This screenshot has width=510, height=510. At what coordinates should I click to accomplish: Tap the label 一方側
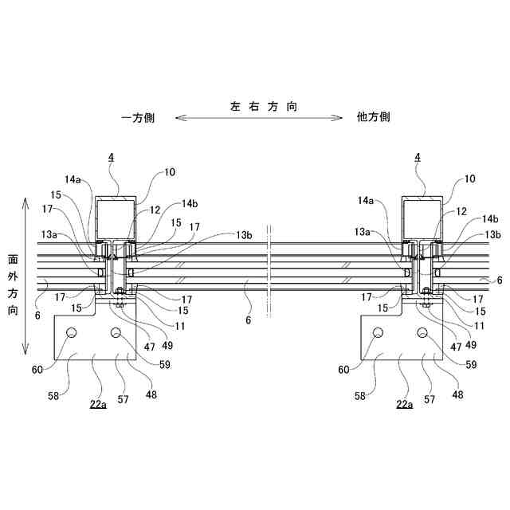click(138, 118)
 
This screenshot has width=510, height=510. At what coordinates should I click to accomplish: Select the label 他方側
click(373, 118)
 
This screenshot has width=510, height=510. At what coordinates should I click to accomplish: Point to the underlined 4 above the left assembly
click(111, 159)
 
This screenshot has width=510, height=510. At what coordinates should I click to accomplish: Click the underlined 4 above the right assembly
click(417, 159)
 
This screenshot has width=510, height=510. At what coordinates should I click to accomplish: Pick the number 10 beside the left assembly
click(170, 172)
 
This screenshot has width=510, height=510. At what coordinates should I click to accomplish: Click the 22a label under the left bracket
click(98, 405)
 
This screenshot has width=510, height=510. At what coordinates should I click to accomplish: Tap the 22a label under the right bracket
click(405, 405)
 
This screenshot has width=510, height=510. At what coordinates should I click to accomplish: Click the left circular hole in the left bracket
click(71, 332)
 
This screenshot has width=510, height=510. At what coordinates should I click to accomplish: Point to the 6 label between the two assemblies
click(248, 320)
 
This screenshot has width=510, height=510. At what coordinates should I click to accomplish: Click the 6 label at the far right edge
click(499, 280)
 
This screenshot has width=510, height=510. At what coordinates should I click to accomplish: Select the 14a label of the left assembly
click(74, 180)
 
